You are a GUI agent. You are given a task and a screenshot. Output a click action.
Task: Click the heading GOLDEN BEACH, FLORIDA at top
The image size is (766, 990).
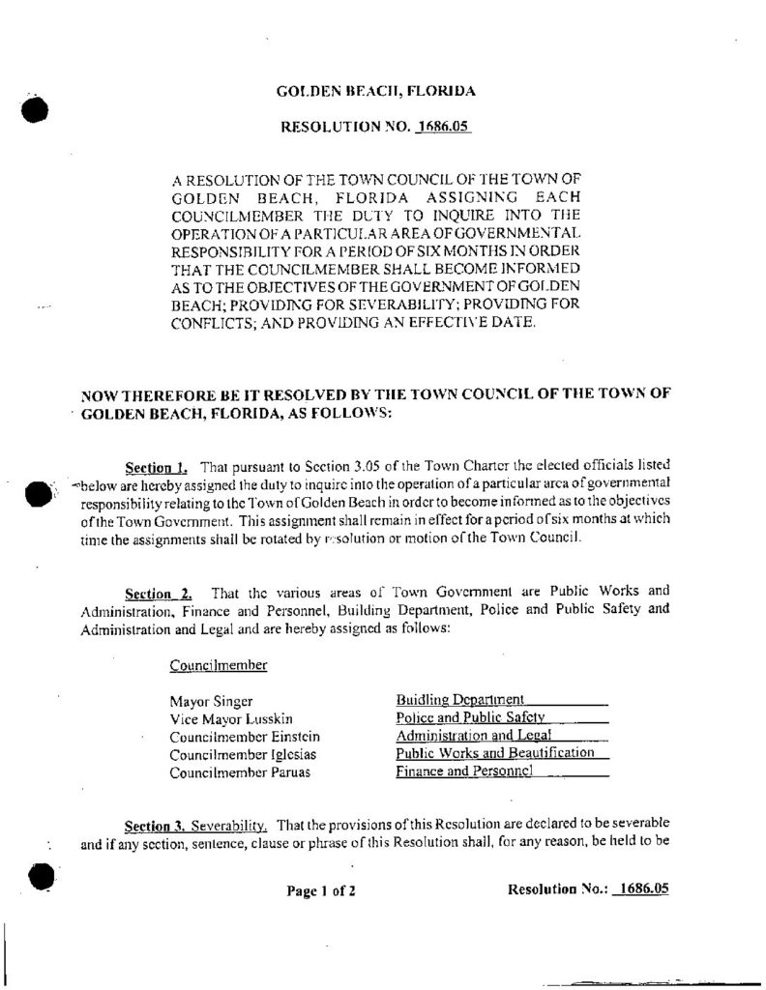pos(375,93)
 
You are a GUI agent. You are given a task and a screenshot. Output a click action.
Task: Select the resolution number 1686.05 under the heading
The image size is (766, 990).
pos(442,127)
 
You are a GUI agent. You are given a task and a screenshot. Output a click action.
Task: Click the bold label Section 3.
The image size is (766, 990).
pos(155,827)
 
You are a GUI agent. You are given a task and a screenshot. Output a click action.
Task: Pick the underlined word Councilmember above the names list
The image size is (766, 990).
pos(219,665)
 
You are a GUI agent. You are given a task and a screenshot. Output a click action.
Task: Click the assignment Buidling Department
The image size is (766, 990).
pos(460,699)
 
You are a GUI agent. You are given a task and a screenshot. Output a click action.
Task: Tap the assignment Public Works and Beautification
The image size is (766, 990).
pos(494,753)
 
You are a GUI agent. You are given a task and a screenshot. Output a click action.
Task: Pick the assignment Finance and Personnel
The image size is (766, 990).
pos(465,772)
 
